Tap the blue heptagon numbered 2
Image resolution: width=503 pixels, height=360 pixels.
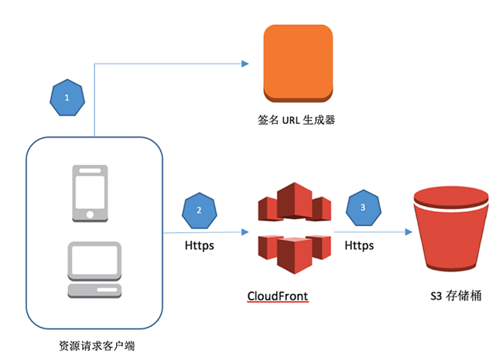click(x=200, y=211)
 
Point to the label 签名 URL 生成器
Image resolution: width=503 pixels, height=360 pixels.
click(x=298, y=120)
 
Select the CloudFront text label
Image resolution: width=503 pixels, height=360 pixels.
click(x=278, y=295)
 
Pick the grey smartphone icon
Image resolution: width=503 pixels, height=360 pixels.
click(x=90, y=193)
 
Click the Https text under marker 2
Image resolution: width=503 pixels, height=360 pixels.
click(x=200, y=245)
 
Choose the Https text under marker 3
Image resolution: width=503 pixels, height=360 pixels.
click(x=358, y=245)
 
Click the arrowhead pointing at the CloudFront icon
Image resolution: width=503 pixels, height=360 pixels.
click(x=246, y=231)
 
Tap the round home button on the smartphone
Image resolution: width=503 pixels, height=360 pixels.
click(x=90, y=214)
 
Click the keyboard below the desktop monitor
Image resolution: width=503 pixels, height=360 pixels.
click(x=94, y=290)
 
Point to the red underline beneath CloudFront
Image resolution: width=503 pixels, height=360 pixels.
click(x=278, y=303)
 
